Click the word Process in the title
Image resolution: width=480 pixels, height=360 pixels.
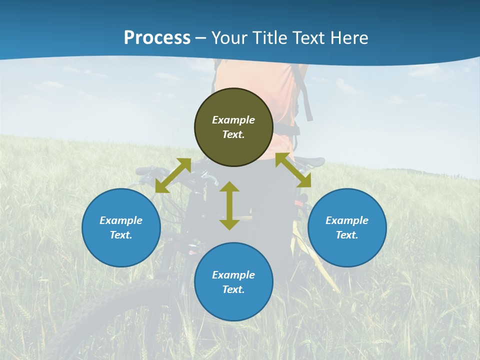pyautogui.click(x=157, y=38)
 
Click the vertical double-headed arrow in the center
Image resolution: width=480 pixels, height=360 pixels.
pyautogui.click(x=229, y=205)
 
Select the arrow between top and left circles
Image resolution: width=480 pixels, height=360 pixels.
pyautogui.click(x=173, y=175)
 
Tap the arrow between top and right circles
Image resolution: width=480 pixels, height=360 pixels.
pyautogui.click(x=293, y=170)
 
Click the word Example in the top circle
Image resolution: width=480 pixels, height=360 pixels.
pyautogui.click(x=233, y=120)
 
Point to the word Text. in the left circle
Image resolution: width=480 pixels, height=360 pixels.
pyautogui.click(x=121, y=235)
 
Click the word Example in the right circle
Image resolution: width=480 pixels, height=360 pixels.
pyautogui.click(x=347, y=220)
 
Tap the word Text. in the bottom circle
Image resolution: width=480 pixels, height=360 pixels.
pyautogui.click(x=233, y=289)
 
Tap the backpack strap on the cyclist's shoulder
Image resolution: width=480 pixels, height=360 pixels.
pyautogui.click(x=304, y=95)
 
